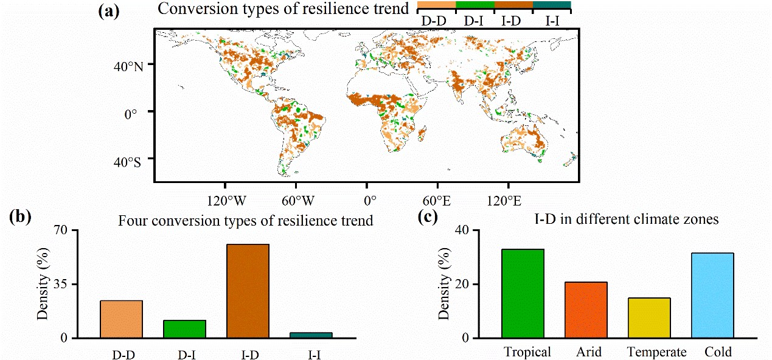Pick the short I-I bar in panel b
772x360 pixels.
click(x=311, y=334)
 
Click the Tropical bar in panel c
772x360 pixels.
click(x=523, y=293)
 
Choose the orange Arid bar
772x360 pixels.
click(x=586, y=310)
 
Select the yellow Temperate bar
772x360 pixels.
click(x=649, y=317)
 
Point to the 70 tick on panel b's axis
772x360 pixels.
click(x=80, y=231)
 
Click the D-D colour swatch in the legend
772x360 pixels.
click(x=436, y=5)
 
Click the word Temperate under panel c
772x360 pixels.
click(x=656, y=352)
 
